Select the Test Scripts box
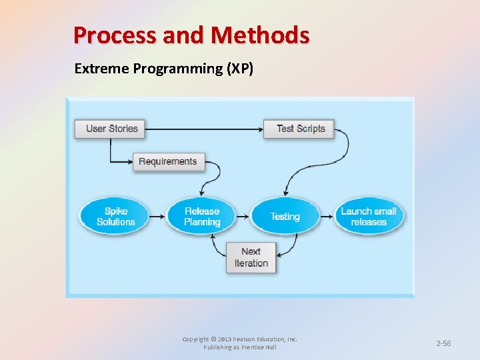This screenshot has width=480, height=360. (300, 128)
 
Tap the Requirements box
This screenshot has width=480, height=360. (168, 161)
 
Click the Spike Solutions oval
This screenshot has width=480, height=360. (115, 216)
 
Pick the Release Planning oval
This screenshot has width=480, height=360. (202, 216)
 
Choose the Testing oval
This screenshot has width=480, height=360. (285, 216)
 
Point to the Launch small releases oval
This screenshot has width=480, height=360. (369, 216)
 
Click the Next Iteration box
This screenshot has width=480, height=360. (251, 257)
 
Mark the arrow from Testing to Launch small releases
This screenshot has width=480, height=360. (327, 216)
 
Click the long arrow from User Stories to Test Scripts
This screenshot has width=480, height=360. (203, 128)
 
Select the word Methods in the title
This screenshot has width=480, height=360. (267, 35)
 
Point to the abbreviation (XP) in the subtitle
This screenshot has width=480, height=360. (240, 68)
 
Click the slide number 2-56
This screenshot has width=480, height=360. (443, 343)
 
